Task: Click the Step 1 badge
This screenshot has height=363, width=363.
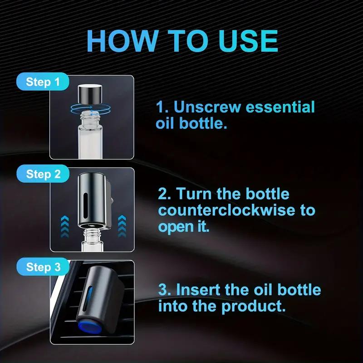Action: pos(43,82)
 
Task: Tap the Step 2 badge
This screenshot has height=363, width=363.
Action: pos(43,174)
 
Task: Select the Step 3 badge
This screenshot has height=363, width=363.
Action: pos(43,267)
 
